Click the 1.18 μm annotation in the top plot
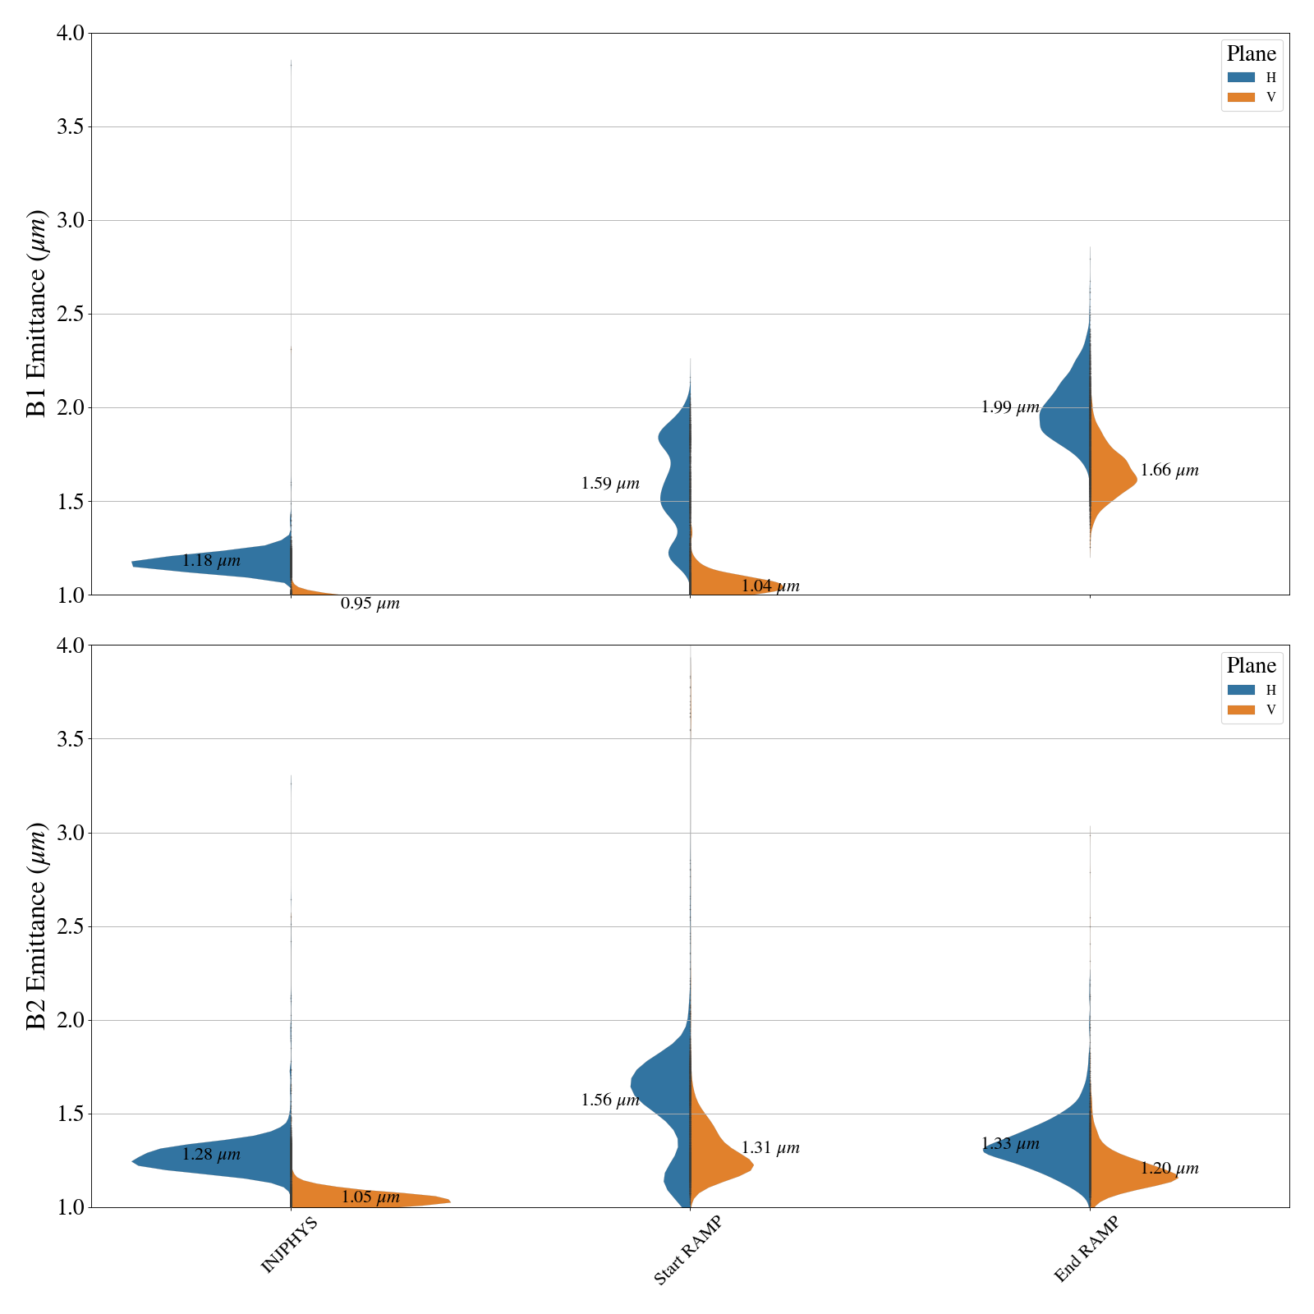click(x=211, y=562)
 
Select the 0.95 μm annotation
click(x=370, y=604)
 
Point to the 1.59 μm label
click(x=610, y=484)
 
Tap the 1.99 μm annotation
click(x=1010, y=407)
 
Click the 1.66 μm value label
click(x=1169, y=471)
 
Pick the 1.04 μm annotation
click(x=770, y=586)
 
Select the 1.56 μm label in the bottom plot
click(x=610, y=1100)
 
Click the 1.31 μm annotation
click(x=770, y=1148)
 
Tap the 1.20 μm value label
click(x=1169, y=1169)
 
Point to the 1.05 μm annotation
click(x=370, y=1197)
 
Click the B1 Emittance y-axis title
click(x=37, y=314)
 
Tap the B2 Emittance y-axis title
click(x=37, y=926)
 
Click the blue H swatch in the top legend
click(x=1241, y=77)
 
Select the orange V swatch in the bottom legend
click(x=1241, y=710)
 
